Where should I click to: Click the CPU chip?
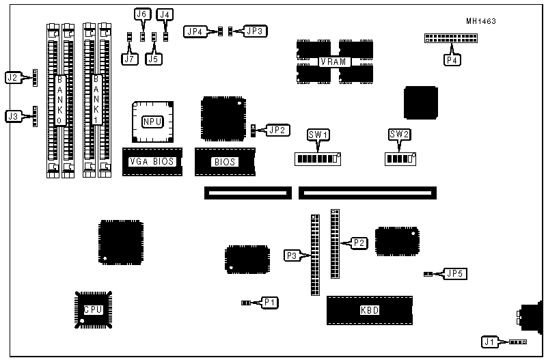[x=93, y=309]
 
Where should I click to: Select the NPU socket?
[x=152, y=121]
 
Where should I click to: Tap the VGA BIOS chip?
[x=152, y=162]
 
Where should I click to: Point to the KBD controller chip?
[x=370, y=310]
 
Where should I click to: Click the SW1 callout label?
[x=318, y=135]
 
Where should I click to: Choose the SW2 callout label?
[x=399, y=135]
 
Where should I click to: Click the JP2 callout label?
[x=277, y=129]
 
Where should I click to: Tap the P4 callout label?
[x=452, y=60]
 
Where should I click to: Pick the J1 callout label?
[x=489, y=342]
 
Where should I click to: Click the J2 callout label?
[x=13, y=78]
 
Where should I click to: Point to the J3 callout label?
[x=13, y=117]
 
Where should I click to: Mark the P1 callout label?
[x=270, y=302]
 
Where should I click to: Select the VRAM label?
[x=335, y=62]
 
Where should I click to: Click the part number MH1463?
[x=481, y=21]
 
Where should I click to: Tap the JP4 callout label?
[x=195, y=31]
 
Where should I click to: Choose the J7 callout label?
[x=129, y=59]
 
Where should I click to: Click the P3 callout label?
[x=292, y=255]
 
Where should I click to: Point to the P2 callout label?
[x=359, y=243]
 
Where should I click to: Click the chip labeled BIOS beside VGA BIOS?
[x=225, y=162]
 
